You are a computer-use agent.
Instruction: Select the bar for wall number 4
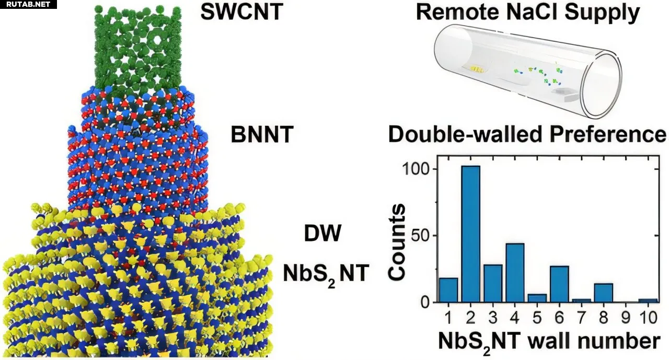click(515, 272)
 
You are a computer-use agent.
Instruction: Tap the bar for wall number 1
click(448, 290)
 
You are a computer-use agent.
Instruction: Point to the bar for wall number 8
click(604, 293)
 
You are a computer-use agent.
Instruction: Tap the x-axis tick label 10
click(648, 318)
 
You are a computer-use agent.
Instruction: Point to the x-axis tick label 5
click(537, 318)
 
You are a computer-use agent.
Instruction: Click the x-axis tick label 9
click(626, 318)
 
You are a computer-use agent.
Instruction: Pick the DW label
click(322, 234)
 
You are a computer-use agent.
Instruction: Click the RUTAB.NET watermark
click(26, 5)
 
